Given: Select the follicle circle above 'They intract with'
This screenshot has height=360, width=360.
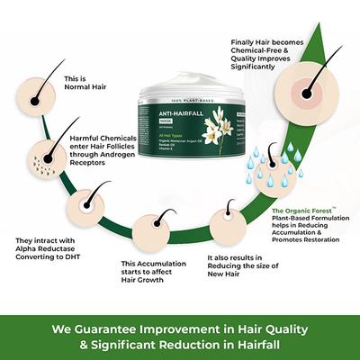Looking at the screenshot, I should click(88, 205).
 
